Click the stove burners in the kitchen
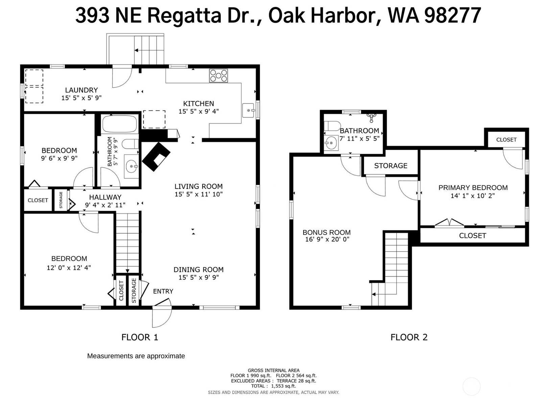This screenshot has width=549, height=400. click(218, 76)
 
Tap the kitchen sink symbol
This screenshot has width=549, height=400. click(248, 110)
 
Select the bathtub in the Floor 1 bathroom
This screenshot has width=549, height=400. click(120, 124)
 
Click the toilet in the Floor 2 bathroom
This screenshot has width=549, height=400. click(332, 126)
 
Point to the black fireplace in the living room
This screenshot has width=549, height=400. click(156, 156)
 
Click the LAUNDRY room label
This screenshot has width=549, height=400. click(81, 90)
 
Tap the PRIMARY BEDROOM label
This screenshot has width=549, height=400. click(473, 188)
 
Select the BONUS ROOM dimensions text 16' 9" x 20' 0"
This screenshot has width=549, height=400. click(327, 239)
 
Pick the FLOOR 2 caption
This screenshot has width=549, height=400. click(409, 337)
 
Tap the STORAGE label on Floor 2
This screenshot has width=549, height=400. click(390, 166)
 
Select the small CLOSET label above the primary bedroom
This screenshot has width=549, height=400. click(506, 140)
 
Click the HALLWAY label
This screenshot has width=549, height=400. click(105, 197)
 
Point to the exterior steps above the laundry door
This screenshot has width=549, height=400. click(149, 49)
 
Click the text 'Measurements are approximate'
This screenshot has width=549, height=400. click(136, 356)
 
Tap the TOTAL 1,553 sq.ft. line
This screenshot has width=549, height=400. click(273, 386)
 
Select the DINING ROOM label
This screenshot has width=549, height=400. click(198, 270)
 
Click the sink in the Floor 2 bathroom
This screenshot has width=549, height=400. click(331, 143)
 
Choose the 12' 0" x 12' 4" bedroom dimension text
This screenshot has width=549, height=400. click(69, 268)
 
